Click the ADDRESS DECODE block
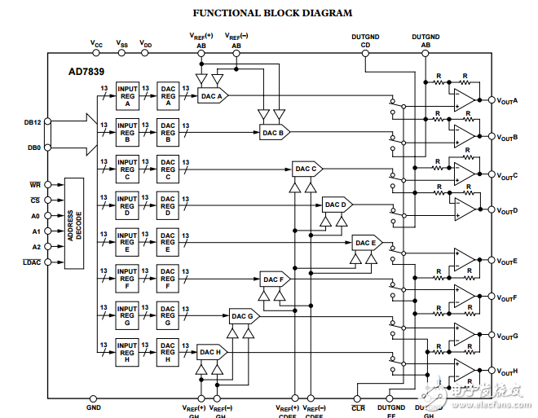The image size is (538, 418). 74,222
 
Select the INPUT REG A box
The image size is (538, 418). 126,97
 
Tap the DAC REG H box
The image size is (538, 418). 168,352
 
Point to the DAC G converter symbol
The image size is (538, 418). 242,315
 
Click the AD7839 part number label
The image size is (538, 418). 86,71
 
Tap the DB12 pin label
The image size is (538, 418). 33,122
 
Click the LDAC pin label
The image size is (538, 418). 32,262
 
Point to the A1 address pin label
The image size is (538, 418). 35,231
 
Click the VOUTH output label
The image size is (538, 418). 508,370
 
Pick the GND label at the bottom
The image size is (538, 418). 94,406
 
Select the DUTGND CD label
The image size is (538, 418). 364,41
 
